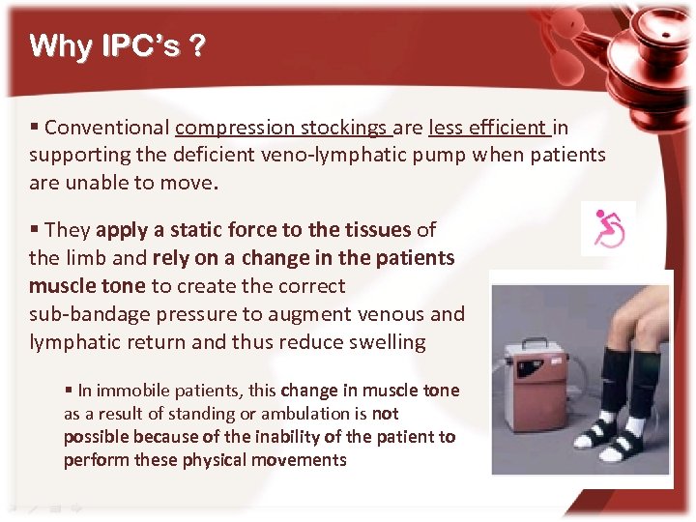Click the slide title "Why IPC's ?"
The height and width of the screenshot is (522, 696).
pos(116,46)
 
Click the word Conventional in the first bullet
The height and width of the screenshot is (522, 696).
pos(107,128)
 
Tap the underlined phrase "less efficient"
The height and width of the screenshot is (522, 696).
pos(488,128)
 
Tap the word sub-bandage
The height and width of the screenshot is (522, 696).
pos(87,314)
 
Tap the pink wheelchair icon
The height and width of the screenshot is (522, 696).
pos(609,228)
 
